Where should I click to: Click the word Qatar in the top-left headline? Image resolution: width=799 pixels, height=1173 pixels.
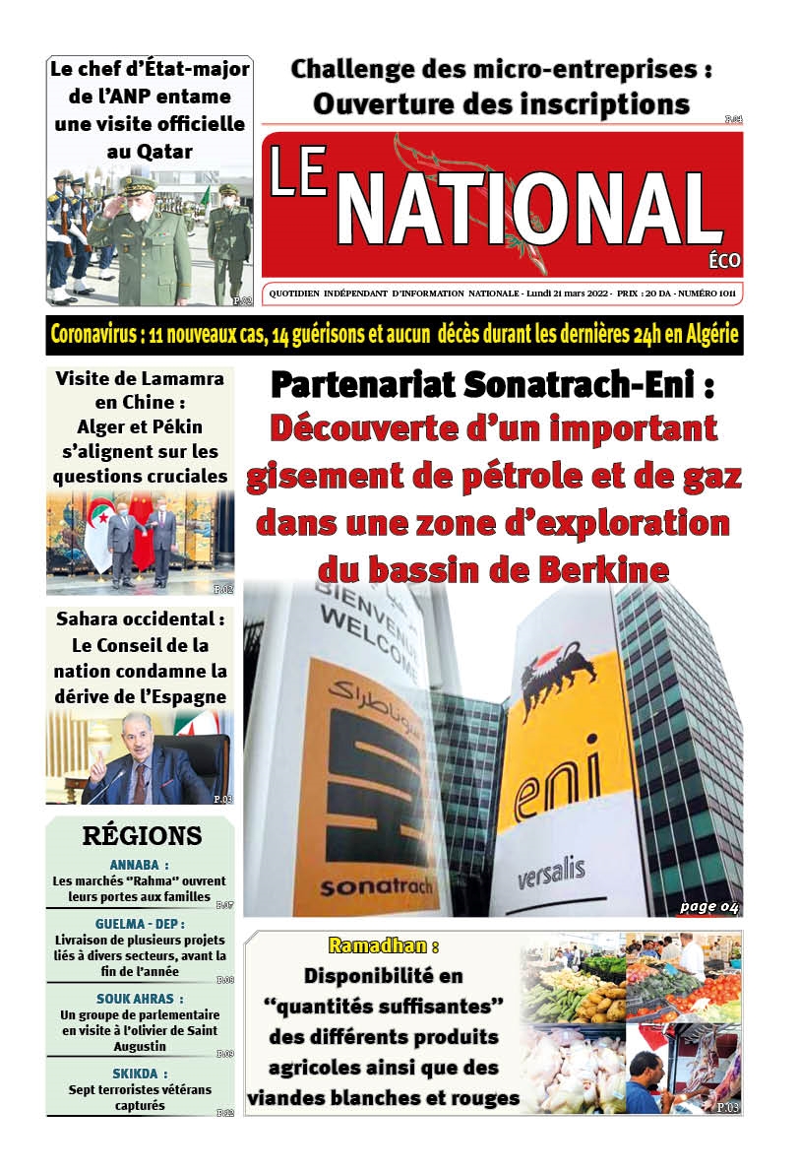(x=150, y=151)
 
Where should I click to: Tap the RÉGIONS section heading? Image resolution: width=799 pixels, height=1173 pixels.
(x=142, y=836)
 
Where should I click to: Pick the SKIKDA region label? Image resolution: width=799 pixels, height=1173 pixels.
(x=139, y=1073)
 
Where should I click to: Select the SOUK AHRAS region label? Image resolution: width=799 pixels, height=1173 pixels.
(x=139, y=998)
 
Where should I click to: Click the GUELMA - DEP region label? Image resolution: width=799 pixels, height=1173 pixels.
(x=139, y=925)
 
